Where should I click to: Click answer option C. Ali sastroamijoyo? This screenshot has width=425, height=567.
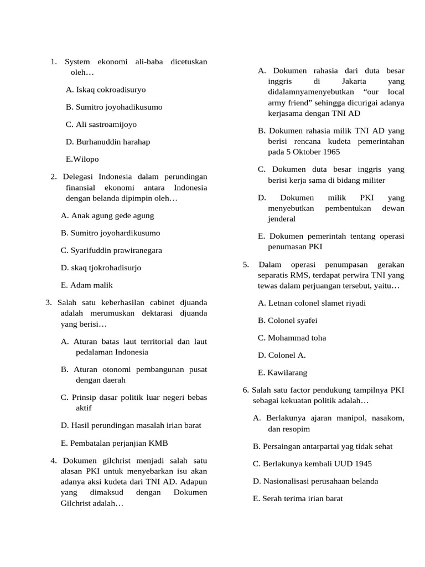click(101, 125)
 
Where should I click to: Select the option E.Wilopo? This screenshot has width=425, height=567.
click(82, 159)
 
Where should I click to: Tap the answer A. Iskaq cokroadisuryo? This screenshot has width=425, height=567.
click(105, 90)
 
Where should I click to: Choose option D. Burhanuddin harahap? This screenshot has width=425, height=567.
click(107, 142)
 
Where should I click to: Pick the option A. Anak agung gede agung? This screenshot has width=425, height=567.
click(107, 215)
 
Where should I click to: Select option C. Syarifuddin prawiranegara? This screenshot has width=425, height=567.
click(111, 250)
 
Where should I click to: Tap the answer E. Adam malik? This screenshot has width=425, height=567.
click(87, 285)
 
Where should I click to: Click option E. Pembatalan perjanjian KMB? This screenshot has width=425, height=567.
click(114, 443)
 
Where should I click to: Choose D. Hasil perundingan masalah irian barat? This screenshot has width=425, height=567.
click(131, 425)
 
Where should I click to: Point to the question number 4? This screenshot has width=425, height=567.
click(54, 461)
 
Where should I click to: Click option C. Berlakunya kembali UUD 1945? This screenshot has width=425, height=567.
click(312, 463)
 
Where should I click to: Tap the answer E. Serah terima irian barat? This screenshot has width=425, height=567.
click(298, 498)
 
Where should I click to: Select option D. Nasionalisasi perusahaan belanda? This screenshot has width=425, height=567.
click(315, 481)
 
